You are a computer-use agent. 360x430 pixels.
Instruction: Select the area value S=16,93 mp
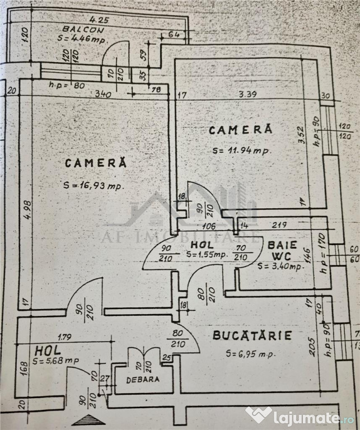93,186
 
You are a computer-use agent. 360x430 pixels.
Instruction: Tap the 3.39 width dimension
247,94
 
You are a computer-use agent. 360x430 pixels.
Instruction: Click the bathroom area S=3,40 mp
281,265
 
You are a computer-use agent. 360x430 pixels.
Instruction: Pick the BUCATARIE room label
252,336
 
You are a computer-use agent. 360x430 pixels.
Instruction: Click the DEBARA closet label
142,379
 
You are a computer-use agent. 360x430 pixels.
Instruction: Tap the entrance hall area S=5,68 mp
55,361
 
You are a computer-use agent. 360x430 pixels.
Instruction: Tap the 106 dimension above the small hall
209,226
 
